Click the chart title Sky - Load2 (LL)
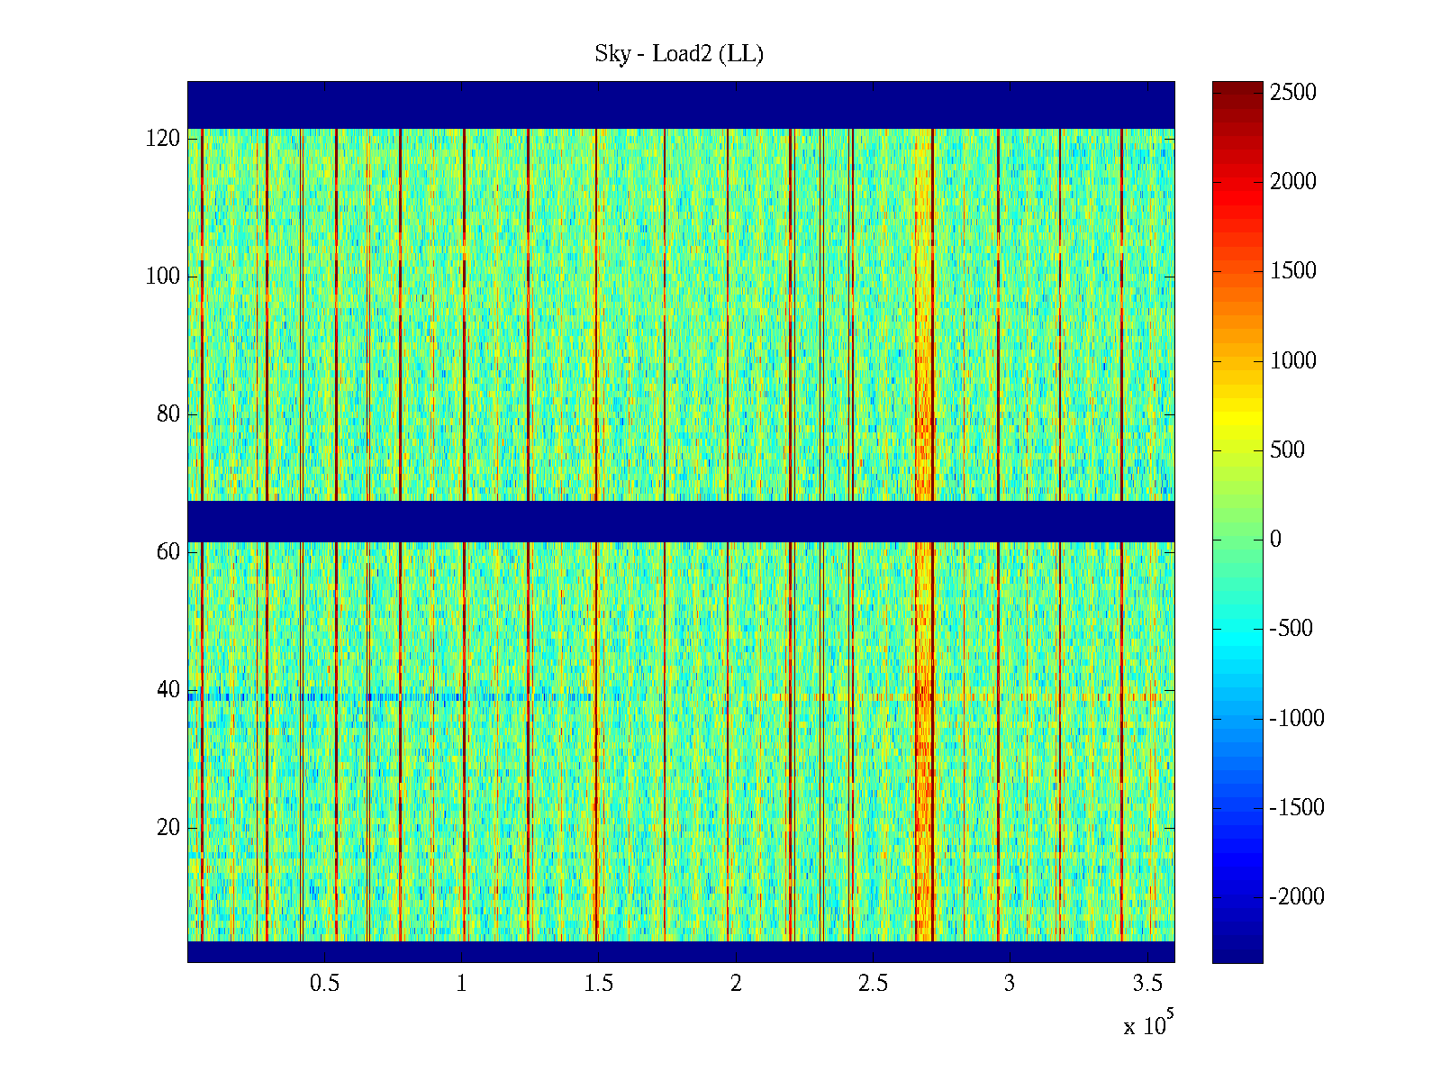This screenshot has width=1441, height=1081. (679, 54)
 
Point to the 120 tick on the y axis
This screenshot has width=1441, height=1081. (163, 139)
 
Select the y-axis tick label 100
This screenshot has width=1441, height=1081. (163, 277)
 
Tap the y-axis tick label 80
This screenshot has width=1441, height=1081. (168, 414)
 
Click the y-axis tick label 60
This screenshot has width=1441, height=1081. (168, 552)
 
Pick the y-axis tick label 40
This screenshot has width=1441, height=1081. (168, 690)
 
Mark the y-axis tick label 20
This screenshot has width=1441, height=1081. (168, 828)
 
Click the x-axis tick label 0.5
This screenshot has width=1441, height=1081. (324, 984)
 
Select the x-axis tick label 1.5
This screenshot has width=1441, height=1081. (598, 984)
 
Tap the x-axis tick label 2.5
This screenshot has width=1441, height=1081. (873, 984)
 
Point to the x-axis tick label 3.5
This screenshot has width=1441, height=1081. (1146, 984)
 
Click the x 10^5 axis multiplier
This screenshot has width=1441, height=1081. (1147, 1024)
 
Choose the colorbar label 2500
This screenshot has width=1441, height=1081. (1293, 93)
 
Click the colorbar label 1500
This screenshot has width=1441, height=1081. (1293, 271)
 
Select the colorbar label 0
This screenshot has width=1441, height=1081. (1275, 540)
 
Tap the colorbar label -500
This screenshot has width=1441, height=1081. (1290, 629)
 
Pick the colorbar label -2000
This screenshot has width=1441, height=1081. (1297, 896)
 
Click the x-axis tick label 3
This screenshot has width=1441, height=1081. (1010, 984)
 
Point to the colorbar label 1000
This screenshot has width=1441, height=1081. (1293, 361)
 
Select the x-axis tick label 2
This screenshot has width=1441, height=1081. (736, 984)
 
